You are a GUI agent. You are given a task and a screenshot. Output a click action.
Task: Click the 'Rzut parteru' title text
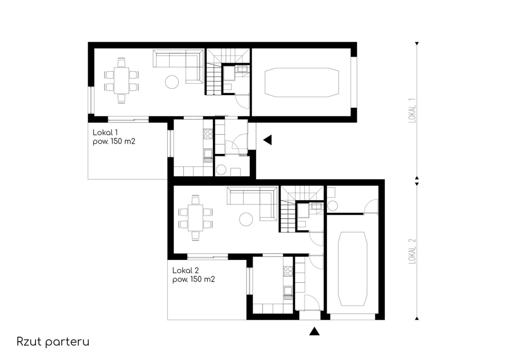coord(53,342)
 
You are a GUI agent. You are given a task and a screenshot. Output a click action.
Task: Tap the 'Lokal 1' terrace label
coord(105,133)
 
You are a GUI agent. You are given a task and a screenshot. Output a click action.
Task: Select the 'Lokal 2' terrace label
coord(186,270)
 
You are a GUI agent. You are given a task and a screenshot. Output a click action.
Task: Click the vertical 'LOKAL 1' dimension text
coord(412,111)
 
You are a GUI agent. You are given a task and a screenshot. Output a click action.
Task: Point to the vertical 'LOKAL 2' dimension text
coord(412,251)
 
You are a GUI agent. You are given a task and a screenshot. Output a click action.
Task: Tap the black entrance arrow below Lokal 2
coord(314,331)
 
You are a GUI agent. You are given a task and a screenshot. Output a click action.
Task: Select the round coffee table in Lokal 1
coord(172,82)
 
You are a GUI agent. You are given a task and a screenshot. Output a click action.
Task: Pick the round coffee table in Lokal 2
coord(246,219)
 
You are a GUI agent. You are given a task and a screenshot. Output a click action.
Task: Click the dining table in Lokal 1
coord(122,80)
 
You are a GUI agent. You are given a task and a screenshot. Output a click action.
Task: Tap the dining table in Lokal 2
coord(195,218)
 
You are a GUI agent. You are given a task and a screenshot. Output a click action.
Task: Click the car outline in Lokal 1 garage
coord(302,82)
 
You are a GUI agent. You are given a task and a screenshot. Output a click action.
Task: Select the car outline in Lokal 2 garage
coord(353,269)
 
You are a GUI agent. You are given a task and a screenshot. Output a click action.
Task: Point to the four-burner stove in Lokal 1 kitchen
coord(208,134)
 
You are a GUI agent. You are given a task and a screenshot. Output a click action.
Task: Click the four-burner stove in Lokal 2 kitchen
coord(288,271)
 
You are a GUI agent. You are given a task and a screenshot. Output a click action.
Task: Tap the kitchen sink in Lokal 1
coord(208,154)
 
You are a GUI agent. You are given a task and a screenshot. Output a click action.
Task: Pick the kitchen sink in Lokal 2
coord(288,291)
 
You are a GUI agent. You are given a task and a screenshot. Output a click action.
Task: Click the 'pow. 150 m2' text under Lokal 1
coord(114,142)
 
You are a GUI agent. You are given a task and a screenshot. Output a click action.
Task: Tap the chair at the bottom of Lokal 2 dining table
coord(195,236)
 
